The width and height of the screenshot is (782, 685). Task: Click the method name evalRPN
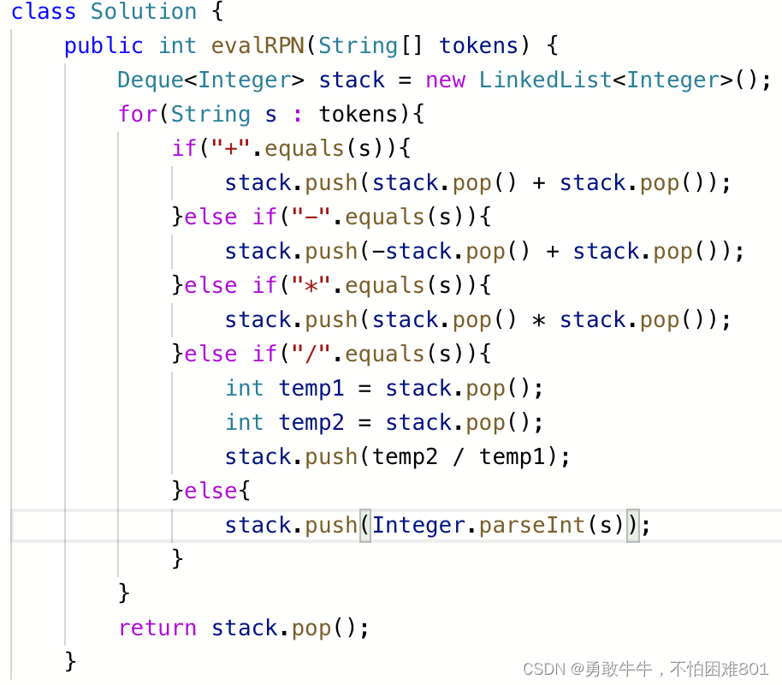(x=258, y=45)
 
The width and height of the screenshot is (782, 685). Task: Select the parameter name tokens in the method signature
(x=479, y=45)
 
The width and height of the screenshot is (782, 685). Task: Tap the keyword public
(x=104, y=45)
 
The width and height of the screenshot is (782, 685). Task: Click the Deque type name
(x=151, y=80)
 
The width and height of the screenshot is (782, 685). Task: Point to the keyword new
(x=445, y=80)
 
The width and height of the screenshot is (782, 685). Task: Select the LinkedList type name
(x=545, y=80)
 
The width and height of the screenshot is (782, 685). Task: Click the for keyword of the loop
(x=137, y=114)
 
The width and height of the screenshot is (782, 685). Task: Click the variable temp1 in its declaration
(x=311, y=388)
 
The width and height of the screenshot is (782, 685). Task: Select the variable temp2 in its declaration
(x=311, y=422)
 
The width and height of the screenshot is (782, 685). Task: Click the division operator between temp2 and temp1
(x=459, y=456)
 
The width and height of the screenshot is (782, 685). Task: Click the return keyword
(x=157, y=628)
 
